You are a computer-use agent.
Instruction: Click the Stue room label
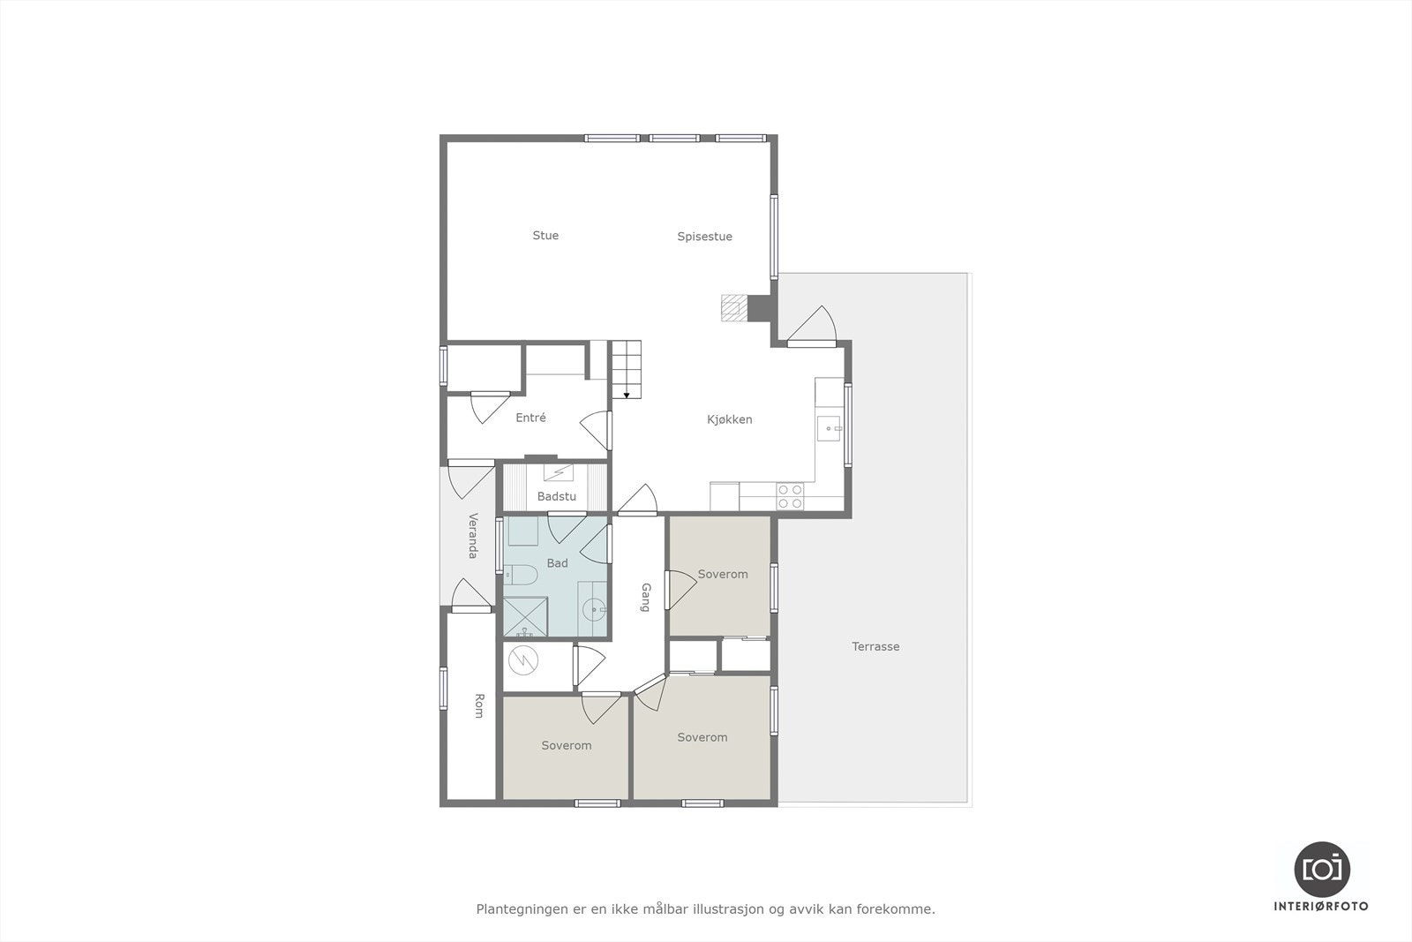pyautogui.click(x=545, y=235)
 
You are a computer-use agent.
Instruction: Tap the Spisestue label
pyautogui.click(x=704, y=237)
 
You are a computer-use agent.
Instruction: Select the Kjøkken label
pyautogui.click(x=729, y=419)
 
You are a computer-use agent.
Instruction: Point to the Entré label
pyautogui.click(x=530, y=418)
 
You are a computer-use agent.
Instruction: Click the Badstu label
pyautogui.click(x=556, y=497)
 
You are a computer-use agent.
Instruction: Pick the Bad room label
pyautogui.click(x=557, y=563)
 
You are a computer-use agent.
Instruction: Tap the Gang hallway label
pyautogui.click(x=646, y=597)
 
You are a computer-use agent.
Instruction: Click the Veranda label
pyautogui.click(x=472, y=535)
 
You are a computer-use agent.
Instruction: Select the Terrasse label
pyautogui.click(x=875, y=646)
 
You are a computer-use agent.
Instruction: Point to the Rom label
pyautogui.click(x=479, y=705)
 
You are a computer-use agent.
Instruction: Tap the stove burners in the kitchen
pyautogui.click(x=790, y=496)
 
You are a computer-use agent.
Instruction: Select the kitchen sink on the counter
pyautogui.click(x=830, y=428)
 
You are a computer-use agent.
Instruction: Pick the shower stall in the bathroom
pyautogui.click(x=525, y=617)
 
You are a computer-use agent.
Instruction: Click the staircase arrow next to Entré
pyautogui.click(x=626, y=395)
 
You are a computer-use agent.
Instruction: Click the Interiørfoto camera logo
pyautogui.click(x=1321, y=869)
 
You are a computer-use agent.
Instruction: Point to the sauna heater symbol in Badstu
pyautogui.click(x=558, y=472)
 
